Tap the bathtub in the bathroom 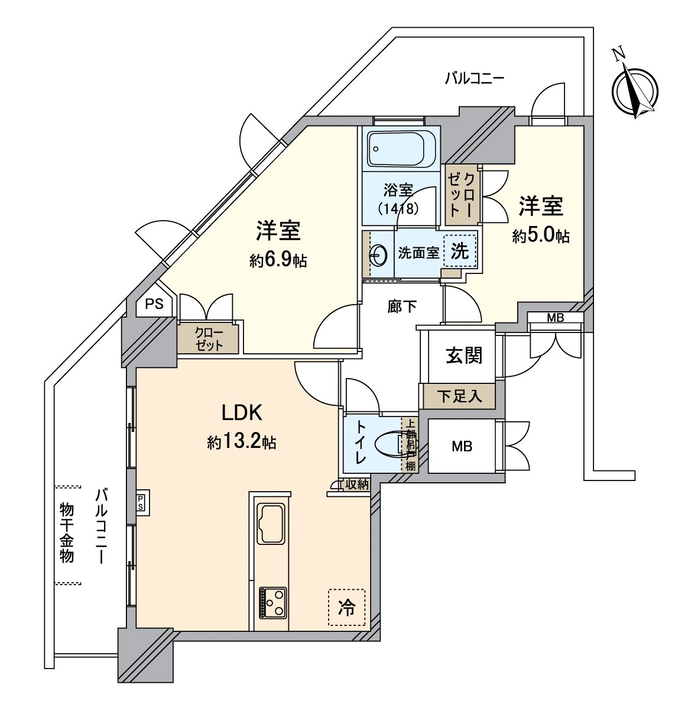point(401,149)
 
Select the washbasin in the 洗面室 point(378,255)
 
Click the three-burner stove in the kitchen point(272,603)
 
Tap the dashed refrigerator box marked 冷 point(346,607)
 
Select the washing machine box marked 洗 point(459,251)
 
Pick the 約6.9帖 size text point(278,261)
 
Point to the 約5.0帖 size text point(541,236)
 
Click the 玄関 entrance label point(464,356)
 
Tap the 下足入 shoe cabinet point(459,396)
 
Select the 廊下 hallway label point(402,306)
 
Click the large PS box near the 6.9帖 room point(154,304)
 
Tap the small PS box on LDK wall point(141,502)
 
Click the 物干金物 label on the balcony point(67,532)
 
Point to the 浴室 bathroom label point(398,191)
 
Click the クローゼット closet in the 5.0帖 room point(461,195)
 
